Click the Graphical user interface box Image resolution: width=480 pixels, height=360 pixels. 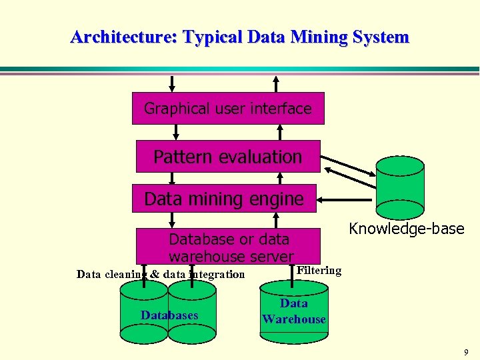tap(228, 108)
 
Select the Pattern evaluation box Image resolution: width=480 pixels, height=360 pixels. tap(228, 157)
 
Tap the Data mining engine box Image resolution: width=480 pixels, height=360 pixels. tap(224, 199)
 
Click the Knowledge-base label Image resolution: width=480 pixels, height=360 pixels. tap(406, 229)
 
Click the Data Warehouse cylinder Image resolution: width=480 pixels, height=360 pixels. tap(293, 312)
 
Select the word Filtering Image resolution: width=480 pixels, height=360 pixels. tap(319, 270)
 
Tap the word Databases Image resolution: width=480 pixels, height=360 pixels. tap(169, 315)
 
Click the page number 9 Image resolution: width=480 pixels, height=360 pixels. tap(466, 352)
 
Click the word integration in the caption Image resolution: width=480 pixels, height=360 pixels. tap(213, 274)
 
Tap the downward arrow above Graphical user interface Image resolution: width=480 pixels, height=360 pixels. tap(173, 83)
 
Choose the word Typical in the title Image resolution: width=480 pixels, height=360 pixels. tap(212, 37)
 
